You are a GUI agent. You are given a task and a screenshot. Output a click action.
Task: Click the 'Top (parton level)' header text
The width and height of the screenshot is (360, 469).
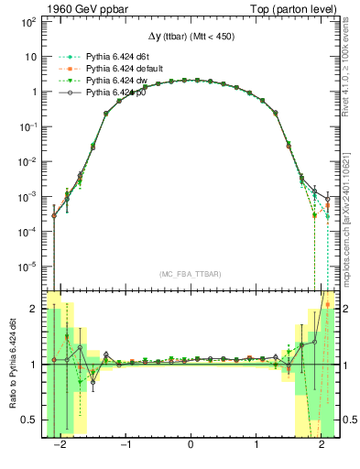click(292, 8)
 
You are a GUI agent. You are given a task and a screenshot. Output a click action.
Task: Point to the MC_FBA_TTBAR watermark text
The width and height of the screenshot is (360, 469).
click(190, 274)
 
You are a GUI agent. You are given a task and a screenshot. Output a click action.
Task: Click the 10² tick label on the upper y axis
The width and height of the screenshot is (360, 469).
click(29, 21)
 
